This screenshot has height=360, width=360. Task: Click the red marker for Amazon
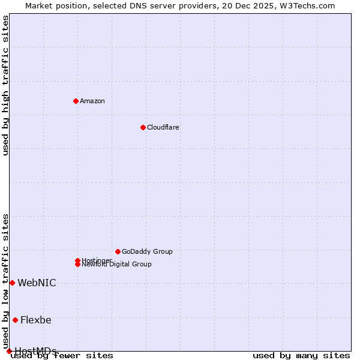(76, 101)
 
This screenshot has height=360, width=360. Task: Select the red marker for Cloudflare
(143, 127)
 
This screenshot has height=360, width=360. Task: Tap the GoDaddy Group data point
(118, 251)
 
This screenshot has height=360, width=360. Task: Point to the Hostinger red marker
(77, 260)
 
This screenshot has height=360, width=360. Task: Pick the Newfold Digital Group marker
(77, 264)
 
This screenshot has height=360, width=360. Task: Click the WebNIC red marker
(12, 283)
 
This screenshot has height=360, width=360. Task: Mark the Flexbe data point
(15, 320)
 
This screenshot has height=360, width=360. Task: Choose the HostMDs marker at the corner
(9, 351)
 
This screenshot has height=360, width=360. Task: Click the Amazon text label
(92, 101)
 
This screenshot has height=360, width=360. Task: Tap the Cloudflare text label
(163, 127)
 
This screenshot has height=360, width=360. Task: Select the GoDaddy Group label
(147, 251)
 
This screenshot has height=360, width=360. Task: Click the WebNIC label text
(37, 283)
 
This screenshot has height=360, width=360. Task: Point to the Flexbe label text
(36, 320)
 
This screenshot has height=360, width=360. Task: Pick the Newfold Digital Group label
(117, 265)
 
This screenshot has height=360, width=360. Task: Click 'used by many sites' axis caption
(301, 355)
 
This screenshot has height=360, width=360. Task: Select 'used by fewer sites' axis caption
(62, 355)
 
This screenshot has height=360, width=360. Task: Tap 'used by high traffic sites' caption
(5, 85)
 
